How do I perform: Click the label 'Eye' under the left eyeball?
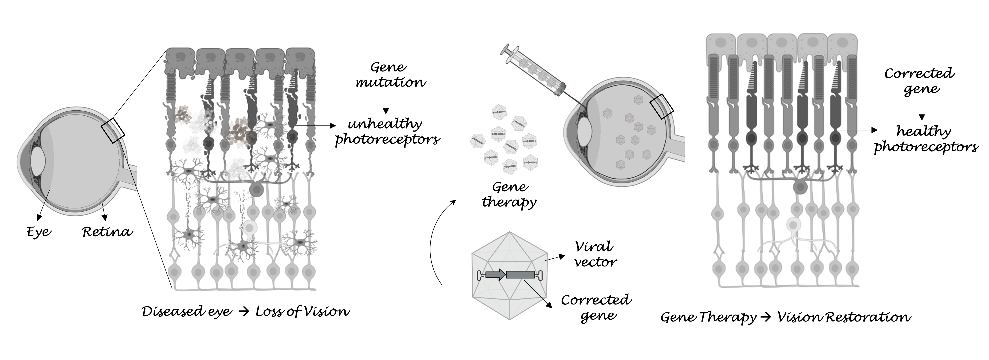[x=39, y=232]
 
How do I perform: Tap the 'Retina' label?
[x=107, y=232]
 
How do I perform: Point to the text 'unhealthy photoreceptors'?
[x=387, y=132]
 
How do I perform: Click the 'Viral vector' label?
[x=595, y=254]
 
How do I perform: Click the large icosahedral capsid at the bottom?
[x=509, y=276]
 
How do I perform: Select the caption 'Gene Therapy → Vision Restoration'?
[x=785, y=317]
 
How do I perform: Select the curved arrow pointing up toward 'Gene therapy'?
[x=436, y=242]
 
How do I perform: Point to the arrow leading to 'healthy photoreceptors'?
[x=858, y=130]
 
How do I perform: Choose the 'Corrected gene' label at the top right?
[x=920, y=81]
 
